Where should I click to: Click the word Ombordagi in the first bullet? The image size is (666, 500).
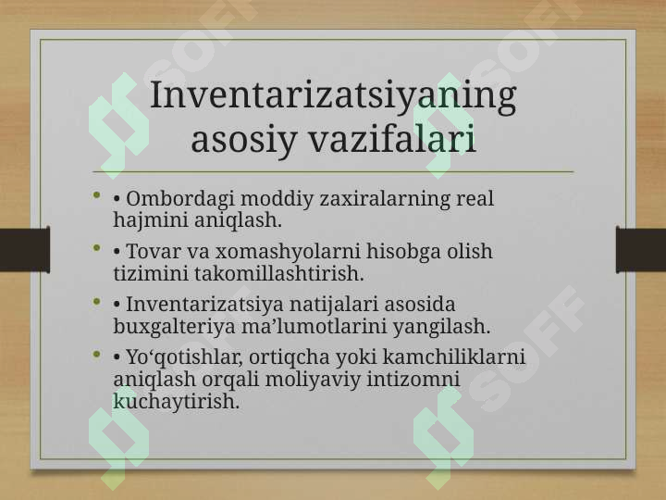[x=180, y=199]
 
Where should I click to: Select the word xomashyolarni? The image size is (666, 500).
[x=288, y=252]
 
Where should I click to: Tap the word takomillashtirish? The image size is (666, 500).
[x=279, y=273]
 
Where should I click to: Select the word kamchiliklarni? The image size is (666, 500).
[x=454, y=356]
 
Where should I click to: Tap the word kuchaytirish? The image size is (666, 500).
[x=177, y=402]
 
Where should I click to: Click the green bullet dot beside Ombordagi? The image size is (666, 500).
[x=97, y=195]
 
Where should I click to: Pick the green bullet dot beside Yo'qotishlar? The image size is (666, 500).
[x=97, y=354]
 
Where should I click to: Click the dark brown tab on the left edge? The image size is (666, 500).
[x=25, y=250]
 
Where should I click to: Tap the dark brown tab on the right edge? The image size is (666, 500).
[x=641, y=250]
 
